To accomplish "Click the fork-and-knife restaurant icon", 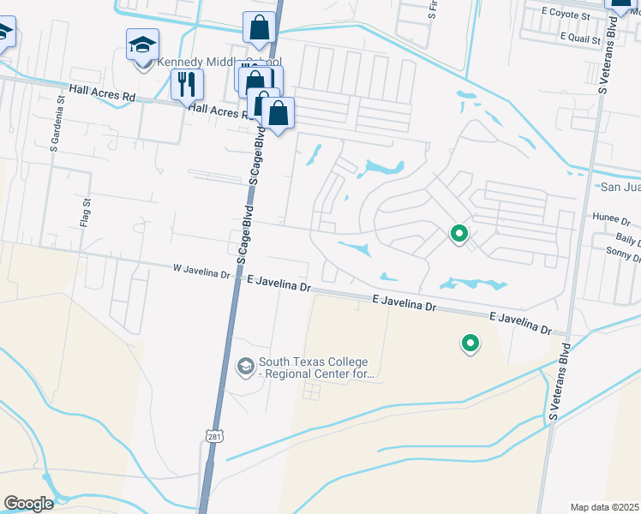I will click(x=187, y=85).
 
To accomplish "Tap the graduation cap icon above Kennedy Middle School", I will click(x=142, y=44).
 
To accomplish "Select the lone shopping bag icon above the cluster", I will click(x=259, y=27).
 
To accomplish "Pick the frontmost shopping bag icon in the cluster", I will click(x=279, y=112).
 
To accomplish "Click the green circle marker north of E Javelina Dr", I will click(x=459, y=233).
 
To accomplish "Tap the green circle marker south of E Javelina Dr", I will click(x=470, y=344).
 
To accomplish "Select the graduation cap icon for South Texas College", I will click(x=244, y=367).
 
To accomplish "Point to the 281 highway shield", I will click(x=213, y=438).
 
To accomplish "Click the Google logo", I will click(x=28, y=504).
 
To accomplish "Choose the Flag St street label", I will click(x=86, y=212).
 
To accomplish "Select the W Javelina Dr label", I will click(x=202, y=272).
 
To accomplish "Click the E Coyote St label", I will click(x=566, y=15).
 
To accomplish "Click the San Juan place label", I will click(x=620, y=187).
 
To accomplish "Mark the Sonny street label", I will click(x=622, y=251).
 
